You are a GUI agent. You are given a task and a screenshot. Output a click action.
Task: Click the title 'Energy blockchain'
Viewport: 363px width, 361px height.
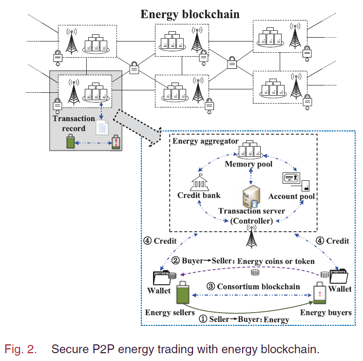coord(190,14)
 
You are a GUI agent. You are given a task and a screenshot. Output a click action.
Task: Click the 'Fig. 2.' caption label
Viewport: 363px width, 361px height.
coord(20,349)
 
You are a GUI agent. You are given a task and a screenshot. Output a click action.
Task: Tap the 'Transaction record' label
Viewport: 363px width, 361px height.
coord(74,124)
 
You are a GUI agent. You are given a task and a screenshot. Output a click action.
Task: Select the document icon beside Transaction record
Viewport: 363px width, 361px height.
coord(102,128)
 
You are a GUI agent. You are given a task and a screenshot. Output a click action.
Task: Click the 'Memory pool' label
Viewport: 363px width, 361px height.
coord(248,164)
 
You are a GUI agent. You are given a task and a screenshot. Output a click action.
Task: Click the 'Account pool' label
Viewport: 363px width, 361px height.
coord(292,196)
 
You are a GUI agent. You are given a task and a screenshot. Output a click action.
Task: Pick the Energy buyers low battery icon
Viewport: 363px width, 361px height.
coord(320,296)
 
